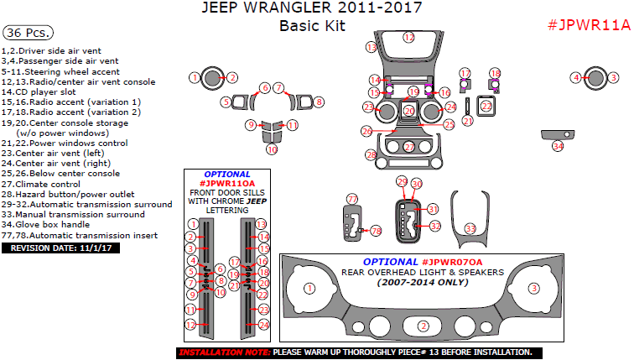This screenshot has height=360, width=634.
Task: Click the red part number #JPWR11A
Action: click(x=588, y=24)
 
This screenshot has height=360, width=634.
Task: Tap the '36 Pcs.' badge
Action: click(x=28, y=34)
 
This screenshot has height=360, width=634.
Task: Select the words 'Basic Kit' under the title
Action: click(x=312, y=26)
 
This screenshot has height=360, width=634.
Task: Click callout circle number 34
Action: click(x=558, y=146)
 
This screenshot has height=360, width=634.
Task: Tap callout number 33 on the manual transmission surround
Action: click(x=470, y=228)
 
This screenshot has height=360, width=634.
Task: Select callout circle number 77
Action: click(x=352, y=199)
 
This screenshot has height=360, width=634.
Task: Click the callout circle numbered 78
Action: click(x=376, y=230)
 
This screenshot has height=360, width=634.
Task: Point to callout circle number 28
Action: click(x=371, y=155)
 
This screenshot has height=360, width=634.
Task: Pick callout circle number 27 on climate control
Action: click(x=408, y=147)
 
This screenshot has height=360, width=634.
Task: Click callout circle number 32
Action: click(x=434, y=226)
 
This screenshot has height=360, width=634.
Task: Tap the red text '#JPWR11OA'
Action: click(x=215, y=183)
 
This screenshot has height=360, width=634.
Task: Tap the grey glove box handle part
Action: click(x=558, y=134)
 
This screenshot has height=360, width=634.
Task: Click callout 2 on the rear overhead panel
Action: click(x=424, y=326)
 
